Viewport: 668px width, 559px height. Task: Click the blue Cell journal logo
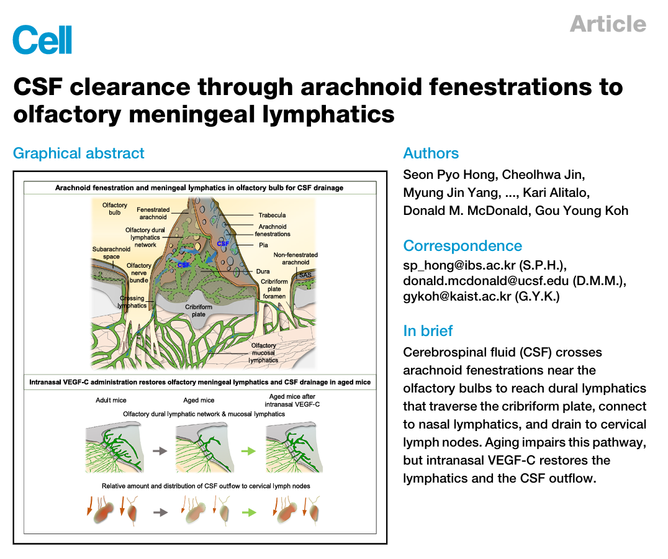42,40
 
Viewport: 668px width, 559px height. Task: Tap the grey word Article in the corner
608,24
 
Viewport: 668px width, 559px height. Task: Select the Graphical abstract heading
79,153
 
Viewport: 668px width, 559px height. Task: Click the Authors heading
431,153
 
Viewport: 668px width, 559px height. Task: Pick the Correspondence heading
463,246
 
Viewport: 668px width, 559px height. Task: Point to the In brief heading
428,330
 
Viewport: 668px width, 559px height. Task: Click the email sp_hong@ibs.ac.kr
459,265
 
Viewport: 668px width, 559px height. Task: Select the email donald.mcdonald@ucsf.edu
486,281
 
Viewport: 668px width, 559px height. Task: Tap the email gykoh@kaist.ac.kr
457,296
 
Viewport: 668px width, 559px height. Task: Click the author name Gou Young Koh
582,211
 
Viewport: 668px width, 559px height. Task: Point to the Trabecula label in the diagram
272,215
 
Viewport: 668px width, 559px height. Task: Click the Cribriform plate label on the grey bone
199,311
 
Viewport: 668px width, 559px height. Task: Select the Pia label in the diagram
263,245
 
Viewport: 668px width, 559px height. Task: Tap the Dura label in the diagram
263,271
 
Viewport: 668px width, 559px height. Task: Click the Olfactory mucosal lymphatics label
263,353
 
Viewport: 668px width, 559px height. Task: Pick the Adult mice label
111,400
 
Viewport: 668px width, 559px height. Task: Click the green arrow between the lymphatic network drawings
248,451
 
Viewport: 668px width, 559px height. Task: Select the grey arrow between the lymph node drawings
160,512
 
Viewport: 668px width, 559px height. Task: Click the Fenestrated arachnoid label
153,214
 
